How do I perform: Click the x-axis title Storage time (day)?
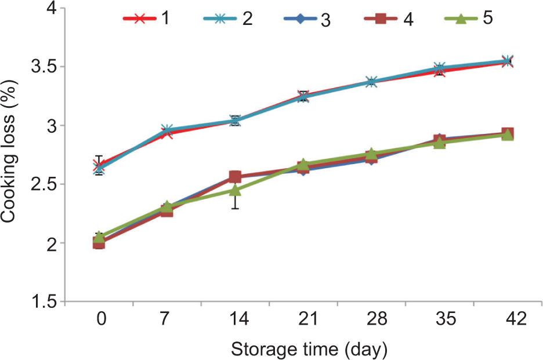coord(308,350)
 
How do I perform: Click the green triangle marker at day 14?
coord(235,190)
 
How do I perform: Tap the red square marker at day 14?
coord(235,177)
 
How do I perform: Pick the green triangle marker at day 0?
coord(99,237)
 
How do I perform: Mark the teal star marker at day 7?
coord(167,130)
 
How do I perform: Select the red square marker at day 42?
coord(507,133)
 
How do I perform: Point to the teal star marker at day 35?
coord(439,68)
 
